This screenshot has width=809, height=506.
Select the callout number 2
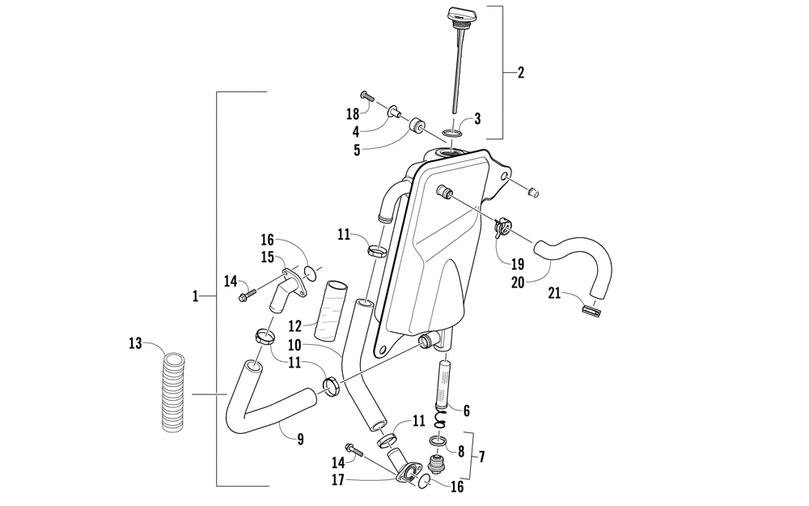click(x=520, y=72)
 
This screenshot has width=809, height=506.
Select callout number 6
click(x=466, y=410)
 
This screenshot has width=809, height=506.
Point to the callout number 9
click(x=300, y=440)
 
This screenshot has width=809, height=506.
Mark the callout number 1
click(x=195, y=298)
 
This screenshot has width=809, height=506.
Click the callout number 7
click(x=481, y=457)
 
